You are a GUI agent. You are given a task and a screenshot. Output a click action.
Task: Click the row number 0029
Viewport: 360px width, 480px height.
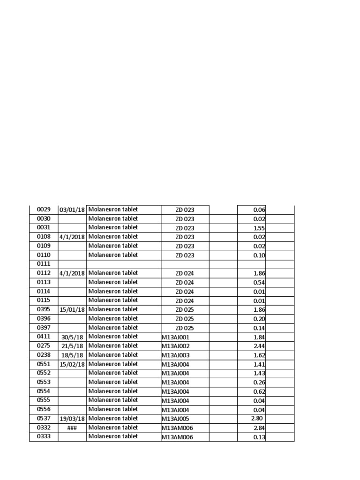coord(44,210)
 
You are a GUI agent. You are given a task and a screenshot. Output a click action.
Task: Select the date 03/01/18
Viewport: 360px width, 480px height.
coord(72,210)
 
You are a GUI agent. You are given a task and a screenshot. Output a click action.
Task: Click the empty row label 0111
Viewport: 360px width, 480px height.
coord(44,264)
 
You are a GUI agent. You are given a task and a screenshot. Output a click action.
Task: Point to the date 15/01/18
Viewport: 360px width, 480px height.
coord(72,310)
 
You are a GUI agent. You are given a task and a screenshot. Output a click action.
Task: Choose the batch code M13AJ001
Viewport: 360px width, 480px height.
coord(176,337)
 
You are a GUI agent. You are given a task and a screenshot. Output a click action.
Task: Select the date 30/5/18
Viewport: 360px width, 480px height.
coord(72,337)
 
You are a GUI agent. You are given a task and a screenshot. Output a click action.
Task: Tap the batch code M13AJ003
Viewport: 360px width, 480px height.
coord(176,355)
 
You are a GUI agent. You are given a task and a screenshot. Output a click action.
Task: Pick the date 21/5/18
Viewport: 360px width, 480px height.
coord(72,346)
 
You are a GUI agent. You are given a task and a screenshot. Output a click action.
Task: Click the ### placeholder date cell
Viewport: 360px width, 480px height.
coord(72,428)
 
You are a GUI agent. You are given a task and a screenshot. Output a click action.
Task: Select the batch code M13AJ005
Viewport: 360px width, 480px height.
coord(176,419)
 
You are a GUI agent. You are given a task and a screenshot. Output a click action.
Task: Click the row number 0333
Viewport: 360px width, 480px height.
coord(44,436)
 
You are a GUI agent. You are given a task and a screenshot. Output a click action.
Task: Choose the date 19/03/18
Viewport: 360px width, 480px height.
coord(72,419)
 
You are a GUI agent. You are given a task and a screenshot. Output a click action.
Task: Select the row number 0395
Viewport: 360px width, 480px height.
coord(44,309)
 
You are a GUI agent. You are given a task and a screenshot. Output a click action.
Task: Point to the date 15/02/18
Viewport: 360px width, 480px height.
coord(72,364)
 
